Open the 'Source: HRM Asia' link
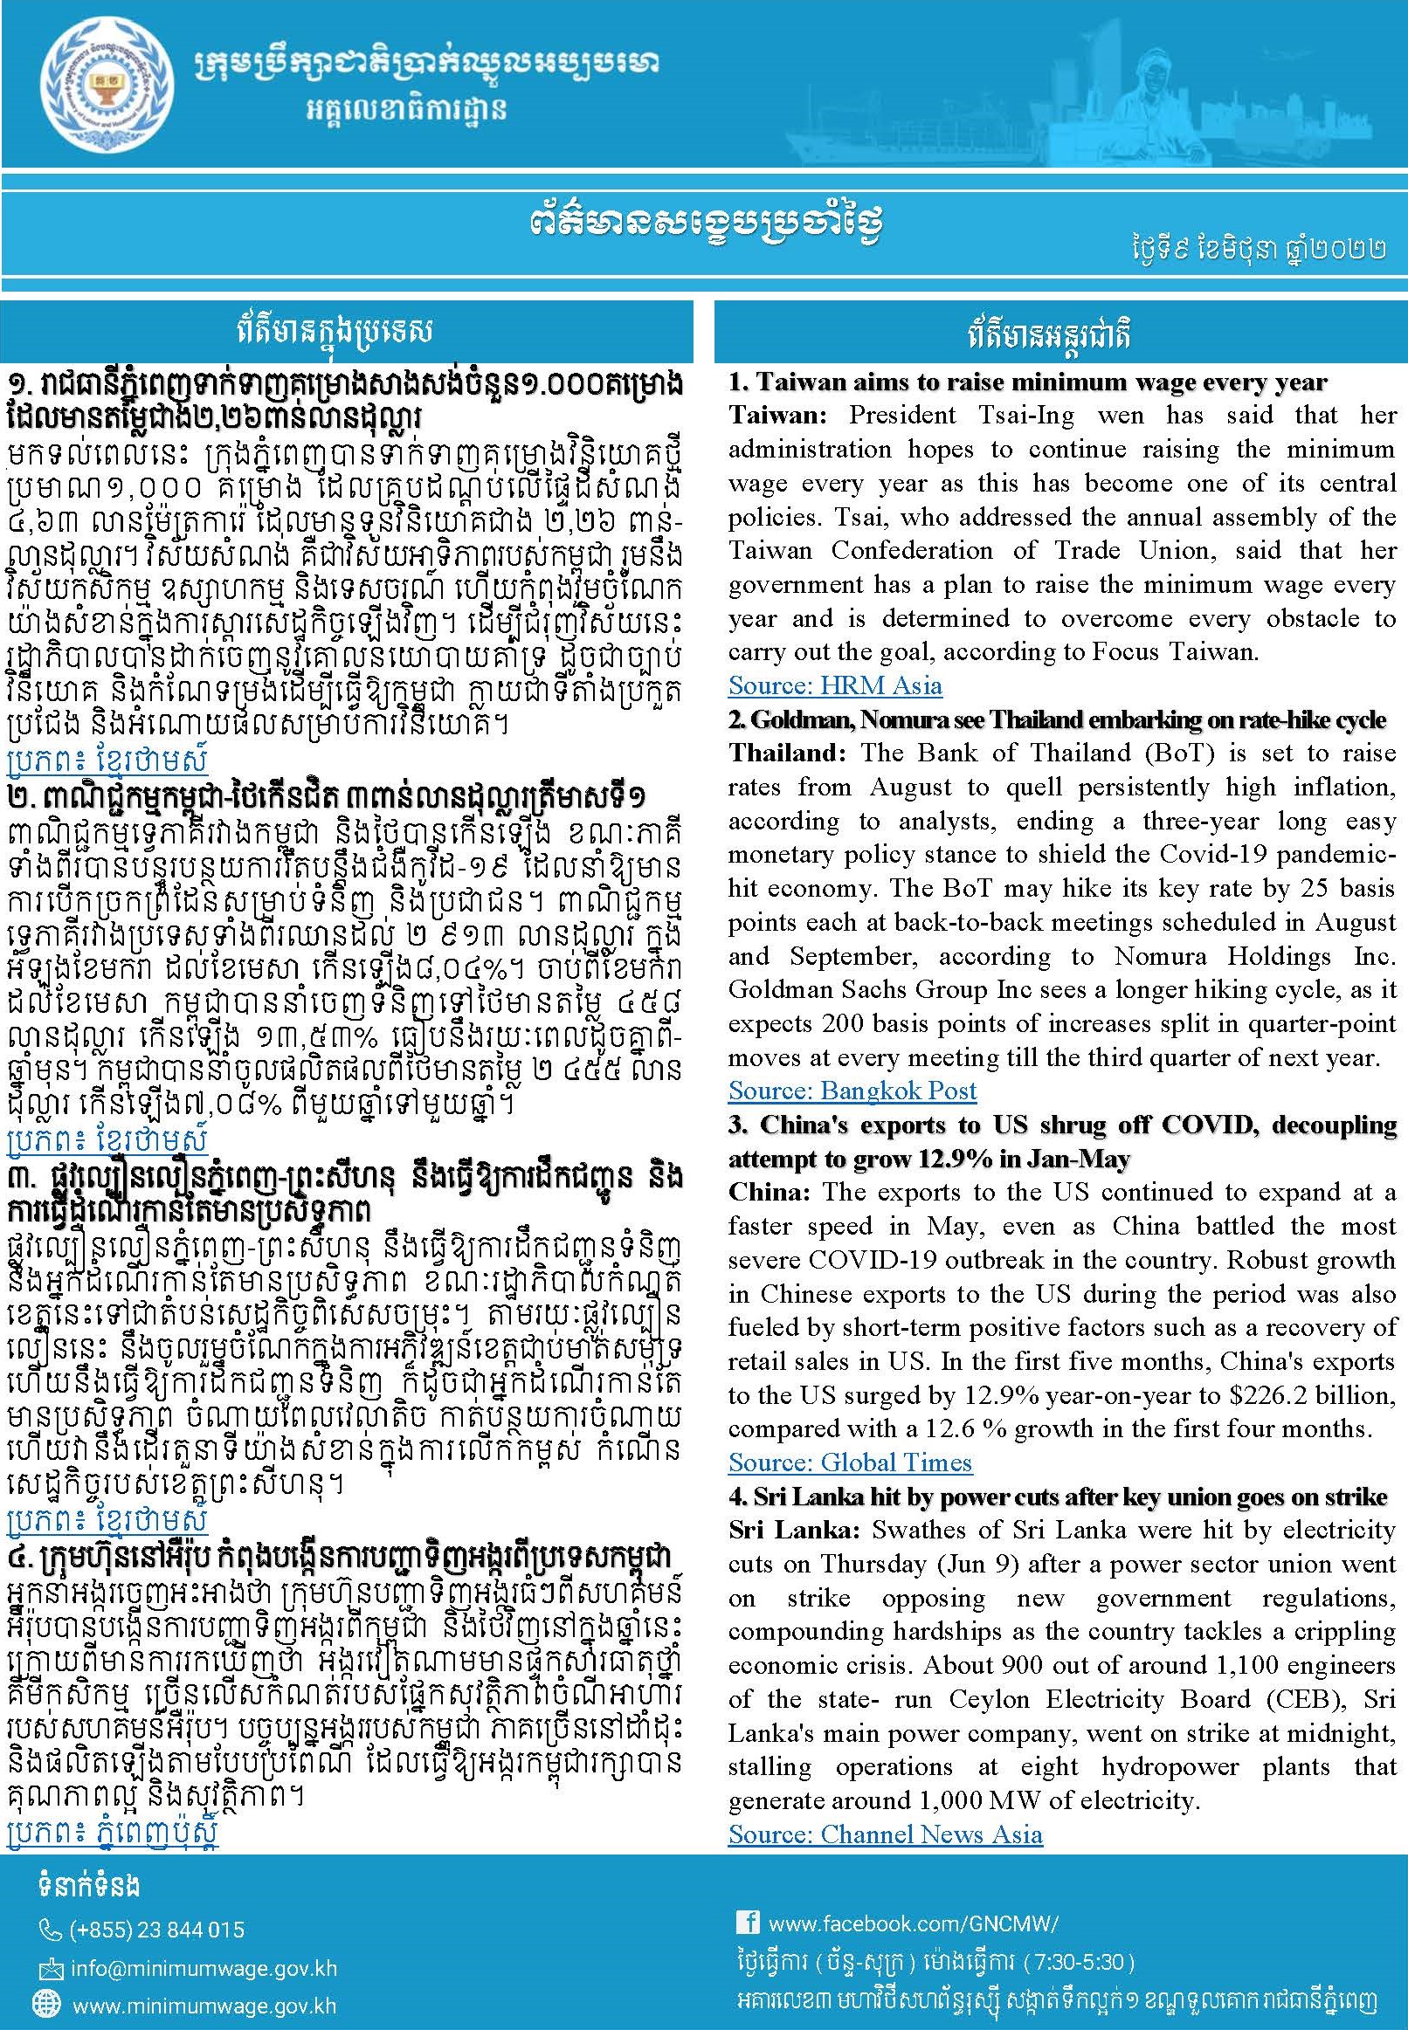click(x=834, y=685)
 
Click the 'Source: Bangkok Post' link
click(x=852, y=1091)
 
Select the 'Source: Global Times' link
click(x=850, y=1462)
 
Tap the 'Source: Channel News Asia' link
click(x=885, y=1834)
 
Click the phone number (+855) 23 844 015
click(x=157, y=1930)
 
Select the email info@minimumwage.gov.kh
click(x=202, y=1969)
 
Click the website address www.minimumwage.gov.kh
click(x=204, y=2006)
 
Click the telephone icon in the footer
click(x=51, y=1931)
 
